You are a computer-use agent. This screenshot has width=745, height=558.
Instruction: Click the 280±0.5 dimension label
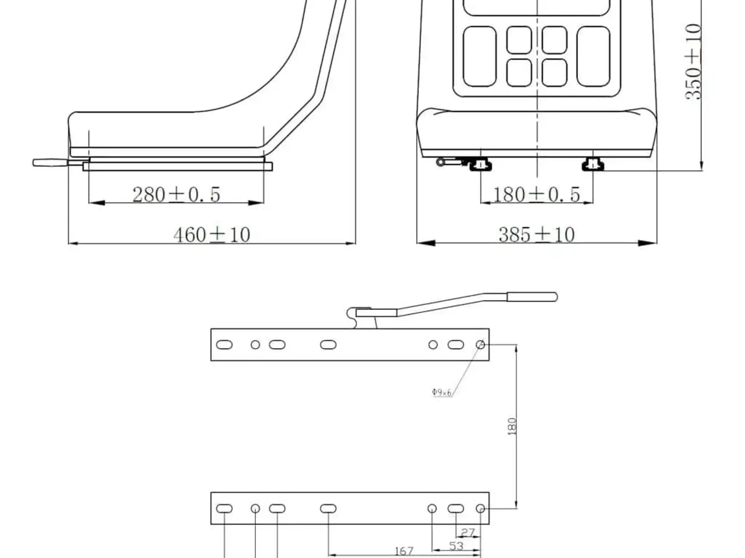tap(176, 195)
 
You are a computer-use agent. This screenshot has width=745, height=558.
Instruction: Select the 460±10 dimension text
tap(212, 234)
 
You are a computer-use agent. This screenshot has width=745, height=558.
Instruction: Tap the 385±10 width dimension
tap(537, 234)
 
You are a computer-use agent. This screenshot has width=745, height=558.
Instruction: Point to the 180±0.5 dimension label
tap(536, 195)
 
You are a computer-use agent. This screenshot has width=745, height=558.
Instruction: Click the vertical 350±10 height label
tap(693, 62)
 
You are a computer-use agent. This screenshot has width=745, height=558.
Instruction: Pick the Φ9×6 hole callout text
tap(442, 392)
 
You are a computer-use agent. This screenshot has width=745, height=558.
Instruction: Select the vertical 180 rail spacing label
tap(512, 427)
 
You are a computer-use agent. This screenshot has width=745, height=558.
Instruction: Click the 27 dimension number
tap(467, 533)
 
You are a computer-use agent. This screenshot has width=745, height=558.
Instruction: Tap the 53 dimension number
tap(456, 546)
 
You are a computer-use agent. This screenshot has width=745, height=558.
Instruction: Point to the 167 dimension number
tap(404, 551)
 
